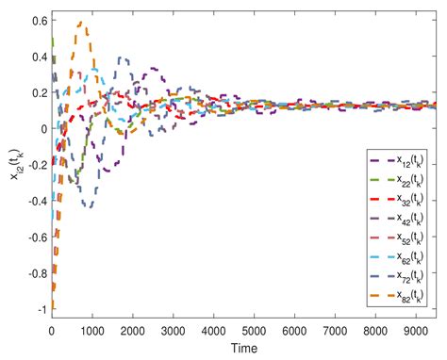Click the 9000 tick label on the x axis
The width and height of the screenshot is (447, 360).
pos(417,332)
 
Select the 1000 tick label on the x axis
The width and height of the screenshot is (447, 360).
pos(91,332)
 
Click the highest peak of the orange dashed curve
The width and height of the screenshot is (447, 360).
pos(81,23)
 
